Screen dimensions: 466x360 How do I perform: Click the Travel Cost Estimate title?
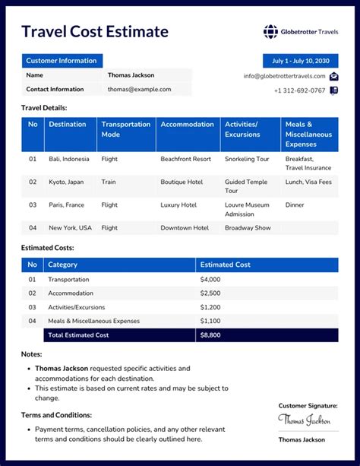(x=94, y=31)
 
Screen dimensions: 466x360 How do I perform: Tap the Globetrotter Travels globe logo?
(x=270, y=31)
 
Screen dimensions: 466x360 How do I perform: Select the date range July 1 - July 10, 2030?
(x=301, y=61)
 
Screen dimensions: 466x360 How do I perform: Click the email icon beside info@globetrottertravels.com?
(x=333, y=76)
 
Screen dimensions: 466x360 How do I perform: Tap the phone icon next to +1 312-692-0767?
(x=333, y=90)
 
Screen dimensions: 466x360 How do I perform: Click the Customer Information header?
(x=62, y=61)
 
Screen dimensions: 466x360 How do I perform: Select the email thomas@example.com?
(x=139, y=89)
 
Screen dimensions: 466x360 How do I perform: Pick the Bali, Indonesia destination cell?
(x=69, y=159)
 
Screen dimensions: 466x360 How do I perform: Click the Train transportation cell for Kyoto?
(x=109, y=182)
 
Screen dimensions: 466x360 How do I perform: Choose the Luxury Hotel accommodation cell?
(x=178, y=204)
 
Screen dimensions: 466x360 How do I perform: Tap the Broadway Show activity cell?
(x=247, y=227)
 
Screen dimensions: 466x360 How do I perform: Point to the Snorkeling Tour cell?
(x=248, y=159)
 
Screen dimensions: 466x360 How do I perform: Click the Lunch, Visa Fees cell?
(x=308, y=182)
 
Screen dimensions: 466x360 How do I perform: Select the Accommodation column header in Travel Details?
(x=187, y=124)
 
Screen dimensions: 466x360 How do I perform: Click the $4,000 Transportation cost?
(x=210, y=279)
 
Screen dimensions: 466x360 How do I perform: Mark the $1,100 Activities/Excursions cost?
(x=210, y=307)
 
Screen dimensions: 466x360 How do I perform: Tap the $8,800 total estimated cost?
(x=210, y=334)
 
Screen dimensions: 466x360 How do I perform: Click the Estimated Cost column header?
(x=225, y=265)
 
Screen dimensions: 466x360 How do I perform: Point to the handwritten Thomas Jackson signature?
(x=304, y=420)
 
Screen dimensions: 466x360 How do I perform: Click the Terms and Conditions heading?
(x=57, y=415)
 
